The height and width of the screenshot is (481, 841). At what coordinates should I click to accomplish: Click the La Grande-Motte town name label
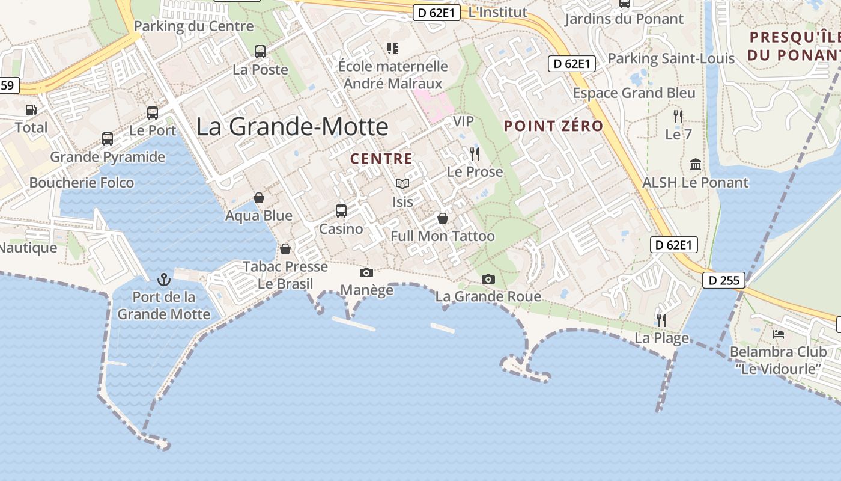coord(293,127)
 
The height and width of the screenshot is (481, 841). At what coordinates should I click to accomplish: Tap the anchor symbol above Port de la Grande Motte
coord(163,280)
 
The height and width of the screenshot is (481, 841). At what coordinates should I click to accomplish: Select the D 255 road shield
coord(724,280)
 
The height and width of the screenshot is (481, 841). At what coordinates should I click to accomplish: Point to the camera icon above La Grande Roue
coord(488,279)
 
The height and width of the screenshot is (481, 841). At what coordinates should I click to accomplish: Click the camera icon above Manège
coord(366,273)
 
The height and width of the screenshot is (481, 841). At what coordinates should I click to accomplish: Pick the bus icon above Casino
coord(341,211)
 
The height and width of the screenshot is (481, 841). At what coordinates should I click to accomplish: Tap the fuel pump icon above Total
coord(31,110)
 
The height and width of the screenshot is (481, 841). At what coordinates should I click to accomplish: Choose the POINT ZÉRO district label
coord(553,126)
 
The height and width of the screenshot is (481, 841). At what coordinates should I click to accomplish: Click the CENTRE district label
coord(381,159)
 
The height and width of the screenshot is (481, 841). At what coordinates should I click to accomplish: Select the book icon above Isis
coord(402,183)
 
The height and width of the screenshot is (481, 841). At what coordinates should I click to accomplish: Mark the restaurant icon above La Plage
coord(661,320)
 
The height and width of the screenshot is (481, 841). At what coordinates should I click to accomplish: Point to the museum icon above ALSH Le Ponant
coord(696,164)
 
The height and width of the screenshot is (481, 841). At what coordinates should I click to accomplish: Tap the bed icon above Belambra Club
coord(779,334)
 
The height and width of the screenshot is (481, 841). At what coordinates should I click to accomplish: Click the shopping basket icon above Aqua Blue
coord(259,198)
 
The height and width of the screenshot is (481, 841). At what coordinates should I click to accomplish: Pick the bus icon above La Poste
coord(260,52)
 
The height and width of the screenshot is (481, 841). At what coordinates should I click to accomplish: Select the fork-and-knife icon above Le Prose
coord(475,154)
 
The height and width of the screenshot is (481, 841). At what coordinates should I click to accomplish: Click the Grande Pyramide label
coord(108,157)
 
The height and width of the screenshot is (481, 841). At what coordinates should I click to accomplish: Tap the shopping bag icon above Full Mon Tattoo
coord(443,218)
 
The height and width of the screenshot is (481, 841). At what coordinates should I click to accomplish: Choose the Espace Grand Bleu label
coord(634,93)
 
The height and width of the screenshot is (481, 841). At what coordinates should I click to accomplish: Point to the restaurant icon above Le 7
coord(678,116)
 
